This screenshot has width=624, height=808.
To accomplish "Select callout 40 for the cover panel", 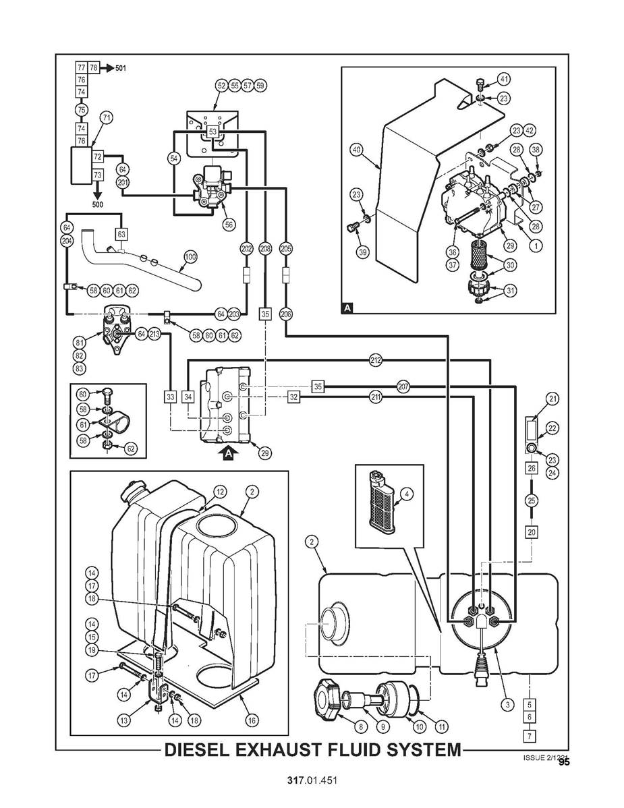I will point(356,149).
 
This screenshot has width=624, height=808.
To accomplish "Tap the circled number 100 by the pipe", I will point(190,256).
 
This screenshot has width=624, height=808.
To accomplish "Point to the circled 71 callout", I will point(106,117).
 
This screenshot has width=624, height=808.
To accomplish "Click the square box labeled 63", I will point(121,234).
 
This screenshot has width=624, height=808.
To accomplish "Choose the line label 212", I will point(376,360).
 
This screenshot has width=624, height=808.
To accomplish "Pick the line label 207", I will point(403,386).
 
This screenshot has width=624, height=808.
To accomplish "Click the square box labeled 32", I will point(293,397).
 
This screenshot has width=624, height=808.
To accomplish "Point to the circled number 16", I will point(252,720).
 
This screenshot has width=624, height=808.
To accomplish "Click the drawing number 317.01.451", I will point(312,780).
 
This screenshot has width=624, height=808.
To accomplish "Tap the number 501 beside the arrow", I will point(120,68).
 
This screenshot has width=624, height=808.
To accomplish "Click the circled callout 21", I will point(553,400).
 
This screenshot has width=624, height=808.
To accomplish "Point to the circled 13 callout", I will point(124,720).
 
